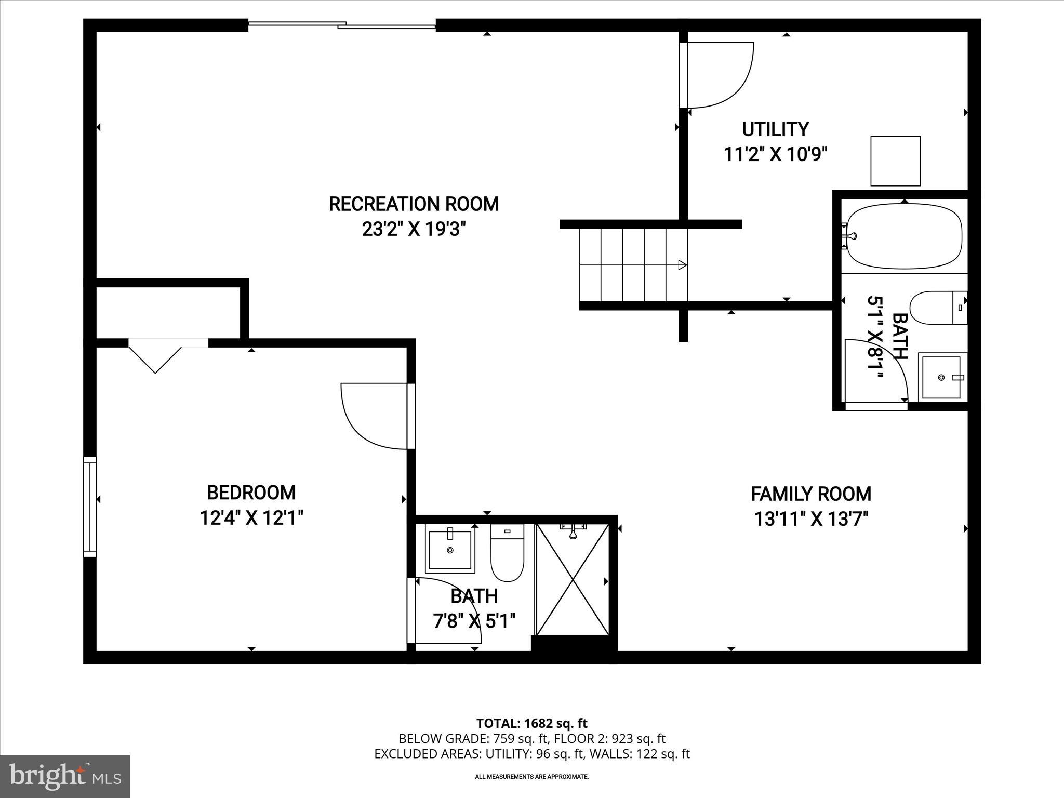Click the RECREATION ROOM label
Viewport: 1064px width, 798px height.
coord(414,204)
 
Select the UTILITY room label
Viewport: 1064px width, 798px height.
coord(775,129)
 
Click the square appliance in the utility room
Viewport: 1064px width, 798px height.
coord(895,161)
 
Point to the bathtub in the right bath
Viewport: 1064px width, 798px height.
coord(904,236)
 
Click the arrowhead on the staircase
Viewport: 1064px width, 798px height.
coord(682,265)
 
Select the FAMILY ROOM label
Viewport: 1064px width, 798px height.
coord(811,494)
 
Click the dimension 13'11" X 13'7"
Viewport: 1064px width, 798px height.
coord(811,518)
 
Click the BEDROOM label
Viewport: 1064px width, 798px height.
coord(251,492)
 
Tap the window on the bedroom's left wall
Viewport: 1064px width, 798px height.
coord(90,507)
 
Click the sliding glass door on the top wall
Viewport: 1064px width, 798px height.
coord(342,24)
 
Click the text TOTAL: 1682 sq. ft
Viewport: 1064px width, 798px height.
coord(531,723)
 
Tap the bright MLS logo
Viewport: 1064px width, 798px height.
coord(65,776)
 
